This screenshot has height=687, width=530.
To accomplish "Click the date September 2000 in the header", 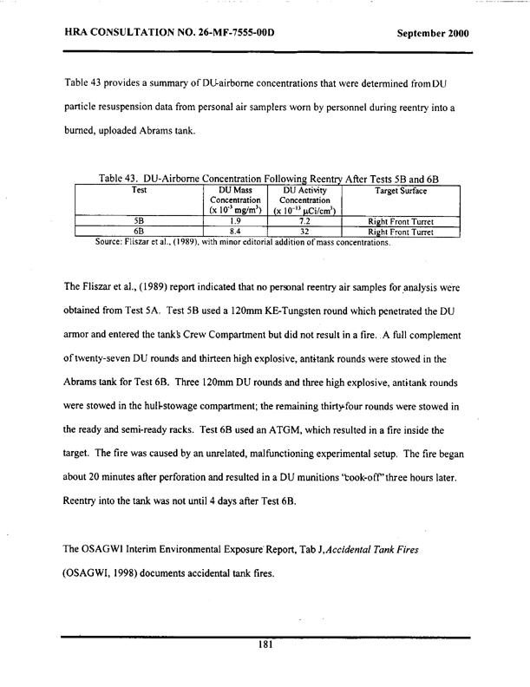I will (432, 35).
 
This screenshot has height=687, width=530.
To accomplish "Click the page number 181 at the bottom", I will (265, 645).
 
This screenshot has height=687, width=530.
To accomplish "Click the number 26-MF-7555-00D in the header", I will (229, 35).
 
